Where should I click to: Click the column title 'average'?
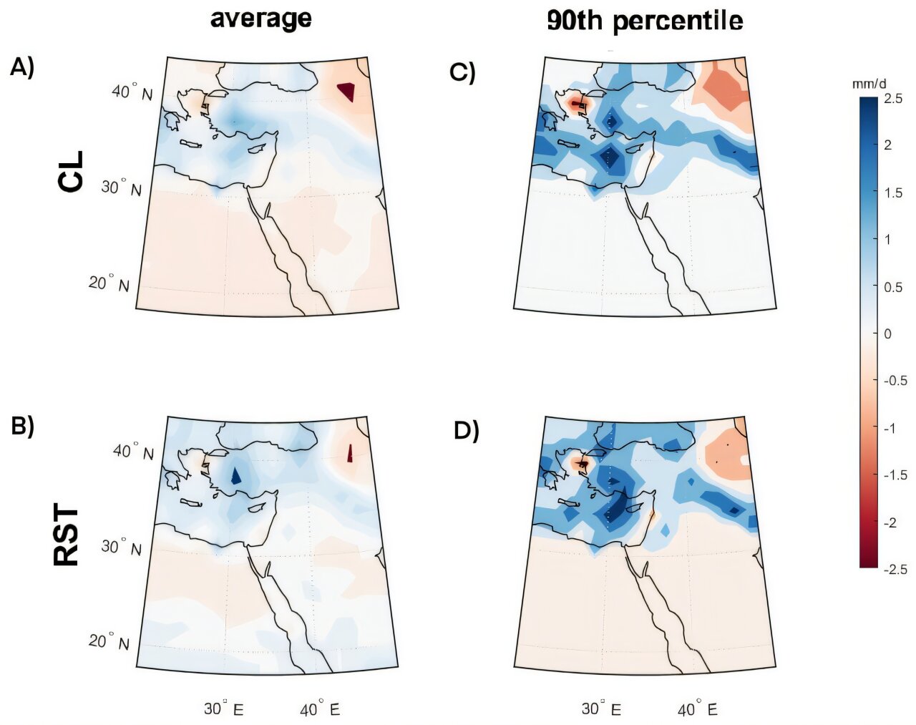(260, 19)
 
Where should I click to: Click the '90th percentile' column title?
(644, 21)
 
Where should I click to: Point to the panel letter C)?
(462, 72)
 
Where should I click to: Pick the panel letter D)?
(467, 431)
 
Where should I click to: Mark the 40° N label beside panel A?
(131, 92)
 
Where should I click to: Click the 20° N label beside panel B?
(109, 641)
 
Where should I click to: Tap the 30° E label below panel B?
(223, 709)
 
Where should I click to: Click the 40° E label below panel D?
(697, 710)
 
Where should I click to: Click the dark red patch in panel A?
(346, 92)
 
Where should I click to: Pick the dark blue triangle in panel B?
(236, 475)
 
